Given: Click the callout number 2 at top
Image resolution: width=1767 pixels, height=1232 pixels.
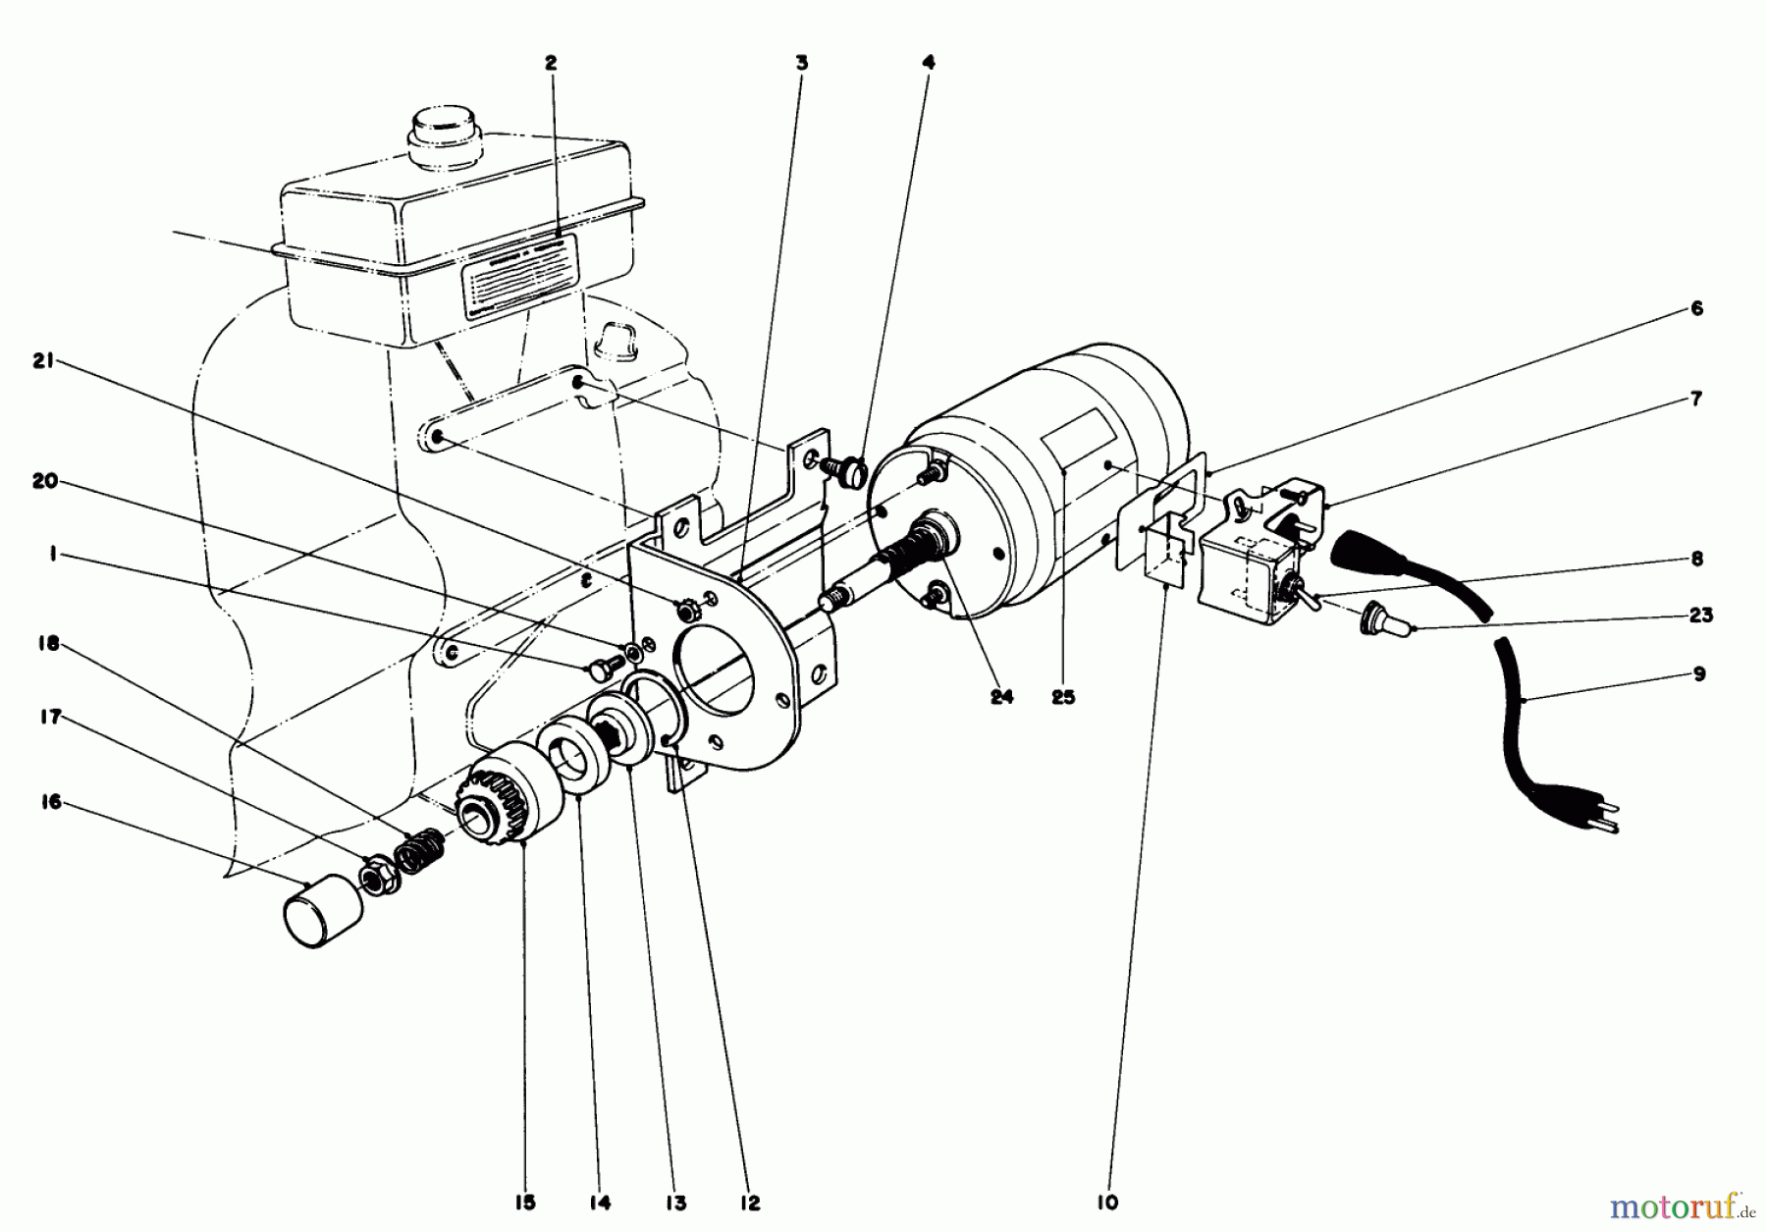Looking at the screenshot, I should [551, 62].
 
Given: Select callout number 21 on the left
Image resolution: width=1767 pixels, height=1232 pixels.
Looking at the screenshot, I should [42, 362].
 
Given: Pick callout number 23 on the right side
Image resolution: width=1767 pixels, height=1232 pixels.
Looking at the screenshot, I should [1700, 616].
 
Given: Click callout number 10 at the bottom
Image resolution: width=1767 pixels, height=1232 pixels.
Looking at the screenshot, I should [1106, 1203].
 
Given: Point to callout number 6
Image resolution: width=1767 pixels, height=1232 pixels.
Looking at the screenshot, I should [1696, 308].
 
